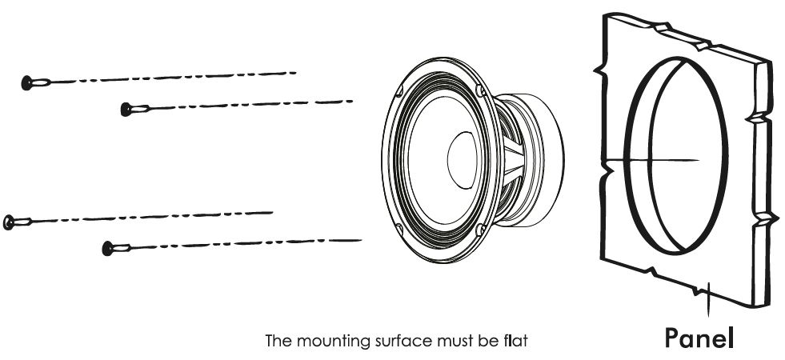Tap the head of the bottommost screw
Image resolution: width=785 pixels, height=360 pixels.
coord(108,248)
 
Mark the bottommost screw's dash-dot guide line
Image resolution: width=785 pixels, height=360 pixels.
coord(240,241)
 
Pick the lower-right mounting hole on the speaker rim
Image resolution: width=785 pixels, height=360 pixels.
coord(480,230)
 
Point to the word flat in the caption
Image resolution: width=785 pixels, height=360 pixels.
coord(513,342)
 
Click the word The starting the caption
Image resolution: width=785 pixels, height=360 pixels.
coord(278,342)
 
